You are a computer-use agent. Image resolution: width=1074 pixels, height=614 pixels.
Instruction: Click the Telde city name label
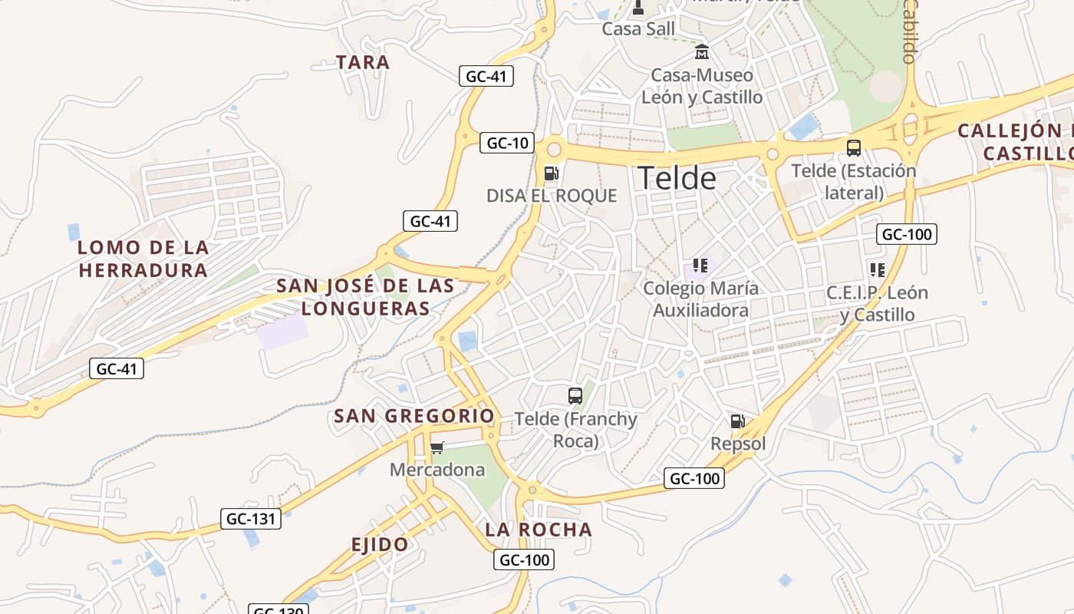pyautogui.click(x=677, y=178)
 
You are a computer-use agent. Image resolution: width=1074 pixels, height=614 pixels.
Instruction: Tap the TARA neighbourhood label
pyautogui.click(x=363, y=62)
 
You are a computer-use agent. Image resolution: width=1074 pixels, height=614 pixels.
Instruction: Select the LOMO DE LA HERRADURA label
pyautogui.click(x=143, y=259)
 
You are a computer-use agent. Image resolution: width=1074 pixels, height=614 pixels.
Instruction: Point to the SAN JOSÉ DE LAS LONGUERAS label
pyautogui.click(x=365, y=297)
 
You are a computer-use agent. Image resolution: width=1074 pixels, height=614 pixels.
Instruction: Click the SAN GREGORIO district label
pyautogui.click(x=414, y=417)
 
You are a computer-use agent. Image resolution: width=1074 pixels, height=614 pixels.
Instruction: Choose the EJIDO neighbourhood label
pyautogui.click(x=380, y=545)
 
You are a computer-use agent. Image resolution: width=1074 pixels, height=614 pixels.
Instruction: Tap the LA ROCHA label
pyautogui.click(x=539, y=530)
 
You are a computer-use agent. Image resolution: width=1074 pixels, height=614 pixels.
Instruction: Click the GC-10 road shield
pyautogui.click(x=508, y=143)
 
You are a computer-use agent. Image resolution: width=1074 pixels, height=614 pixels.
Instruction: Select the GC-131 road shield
pyautogui.click(x=251, y=519)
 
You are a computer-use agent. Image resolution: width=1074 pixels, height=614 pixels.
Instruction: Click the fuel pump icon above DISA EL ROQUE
pyautogui.click(x=551, y=173)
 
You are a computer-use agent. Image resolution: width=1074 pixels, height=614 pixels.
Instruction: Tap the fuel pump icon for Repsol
pyautogui.click(x=737, y=421)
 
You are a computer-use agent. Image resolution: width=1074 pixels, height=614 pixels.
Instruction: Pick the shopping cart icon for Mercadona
pyautogui.click(x=437, y=447)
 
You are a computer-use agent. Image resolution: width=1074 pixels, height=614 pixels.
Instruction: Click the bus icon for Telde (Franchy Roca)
pyautogui.click(x=575, y=396)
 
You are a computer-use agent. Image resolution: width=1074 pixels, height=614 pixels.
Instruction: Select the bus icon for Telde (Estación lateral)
pyautogui.click(x=853, y=148)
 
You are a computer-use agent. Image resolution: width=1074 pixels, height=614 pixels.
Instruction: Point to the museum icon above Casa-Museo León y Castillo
pyautogui.click(x=701, y=52)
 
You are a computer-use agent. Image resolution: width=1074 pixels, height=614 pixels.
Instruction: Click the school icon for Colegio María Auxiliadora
pyautogui.click(x=700, y=266)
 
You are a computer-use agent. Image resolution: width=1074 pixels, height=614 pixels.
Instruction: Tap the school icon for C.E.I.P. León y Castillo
pyautogui.click(x=877, y=270)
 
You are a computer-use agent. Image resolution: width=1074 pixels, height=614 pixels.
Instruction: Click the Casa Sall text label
pyautogui.click(x=638, y=29)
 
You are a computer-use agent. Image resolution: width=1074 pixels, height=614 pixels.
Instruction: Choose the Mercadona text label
pyautogui.click(x=437, y=470)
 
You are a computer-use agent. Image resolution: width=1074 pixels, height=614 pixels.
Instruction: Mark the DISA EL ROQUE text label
pyautogui.click(x=552, y=196)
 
